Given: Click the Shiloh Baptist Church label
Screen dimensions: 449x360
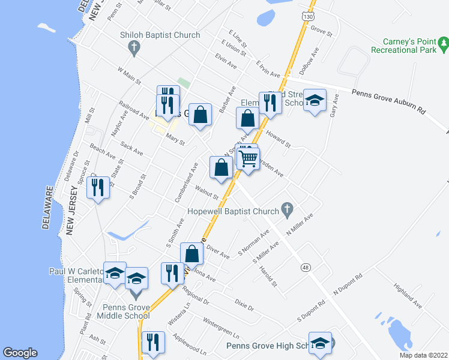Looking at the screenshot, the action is (160, 35).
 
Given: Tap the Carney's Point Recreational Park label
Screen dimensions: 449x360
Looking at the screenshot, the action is (410, 46).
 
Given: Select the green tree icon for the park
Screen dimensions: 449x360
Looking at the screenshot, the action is (444, 42).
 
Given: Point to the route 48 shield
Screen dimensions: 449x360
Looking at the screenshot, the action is (306, 268).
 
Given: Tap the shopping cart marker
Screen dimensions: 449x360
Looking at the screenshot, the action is (248, 159).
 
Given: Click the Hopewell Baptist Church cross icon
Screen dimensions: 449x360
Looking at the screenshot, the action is (287, 210).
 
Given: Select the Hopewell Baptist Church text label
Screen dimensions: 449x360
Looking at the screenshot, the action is (233, 211).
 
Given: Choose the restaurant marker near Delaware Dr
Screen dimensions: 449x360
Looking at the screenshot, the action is (97, 188).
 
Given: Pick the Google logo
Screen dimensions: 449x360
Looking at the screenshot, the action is (20, 353).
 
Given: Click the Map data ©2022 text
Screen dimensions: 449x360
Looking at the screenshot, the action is (423, 355).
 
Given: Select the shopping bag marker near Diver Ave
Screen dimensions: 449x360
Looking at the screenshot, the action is (191, 254).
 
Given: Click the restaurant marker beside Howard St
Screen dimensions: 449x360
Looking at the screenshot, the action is (270, 103).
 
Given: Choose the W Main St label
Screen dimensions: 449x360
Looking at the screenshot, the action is (129, 76).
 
